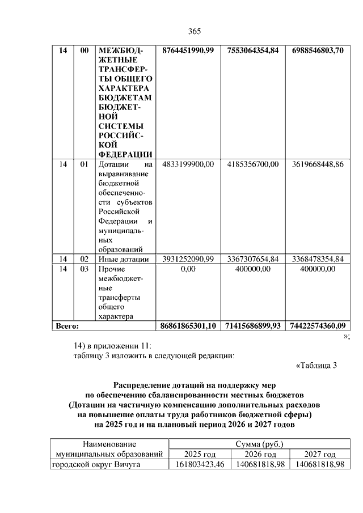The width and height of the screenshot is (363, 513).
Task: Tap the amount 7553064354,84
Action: click(252, 51)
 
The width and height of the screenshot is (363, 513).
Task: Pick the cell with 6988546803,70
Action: click(318, 51)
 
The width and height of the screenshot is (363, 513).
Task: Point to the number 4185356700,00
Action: click(252, 164)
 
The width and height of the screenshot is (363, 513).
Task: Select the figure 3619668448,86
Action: click(318, 164)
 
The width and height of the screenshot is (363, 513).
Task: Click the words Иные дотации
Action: click(124, 259)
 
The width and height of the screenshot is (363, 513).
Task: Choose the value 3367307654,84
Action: click(252, 259)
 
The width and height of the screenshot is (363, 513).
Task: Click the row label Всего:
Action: click(66, 326)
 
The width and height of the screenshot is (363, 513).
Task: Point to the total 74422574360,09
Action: click(318, 326)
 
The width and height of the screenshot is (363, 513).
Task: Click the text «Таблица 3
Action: click(316, 365)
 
